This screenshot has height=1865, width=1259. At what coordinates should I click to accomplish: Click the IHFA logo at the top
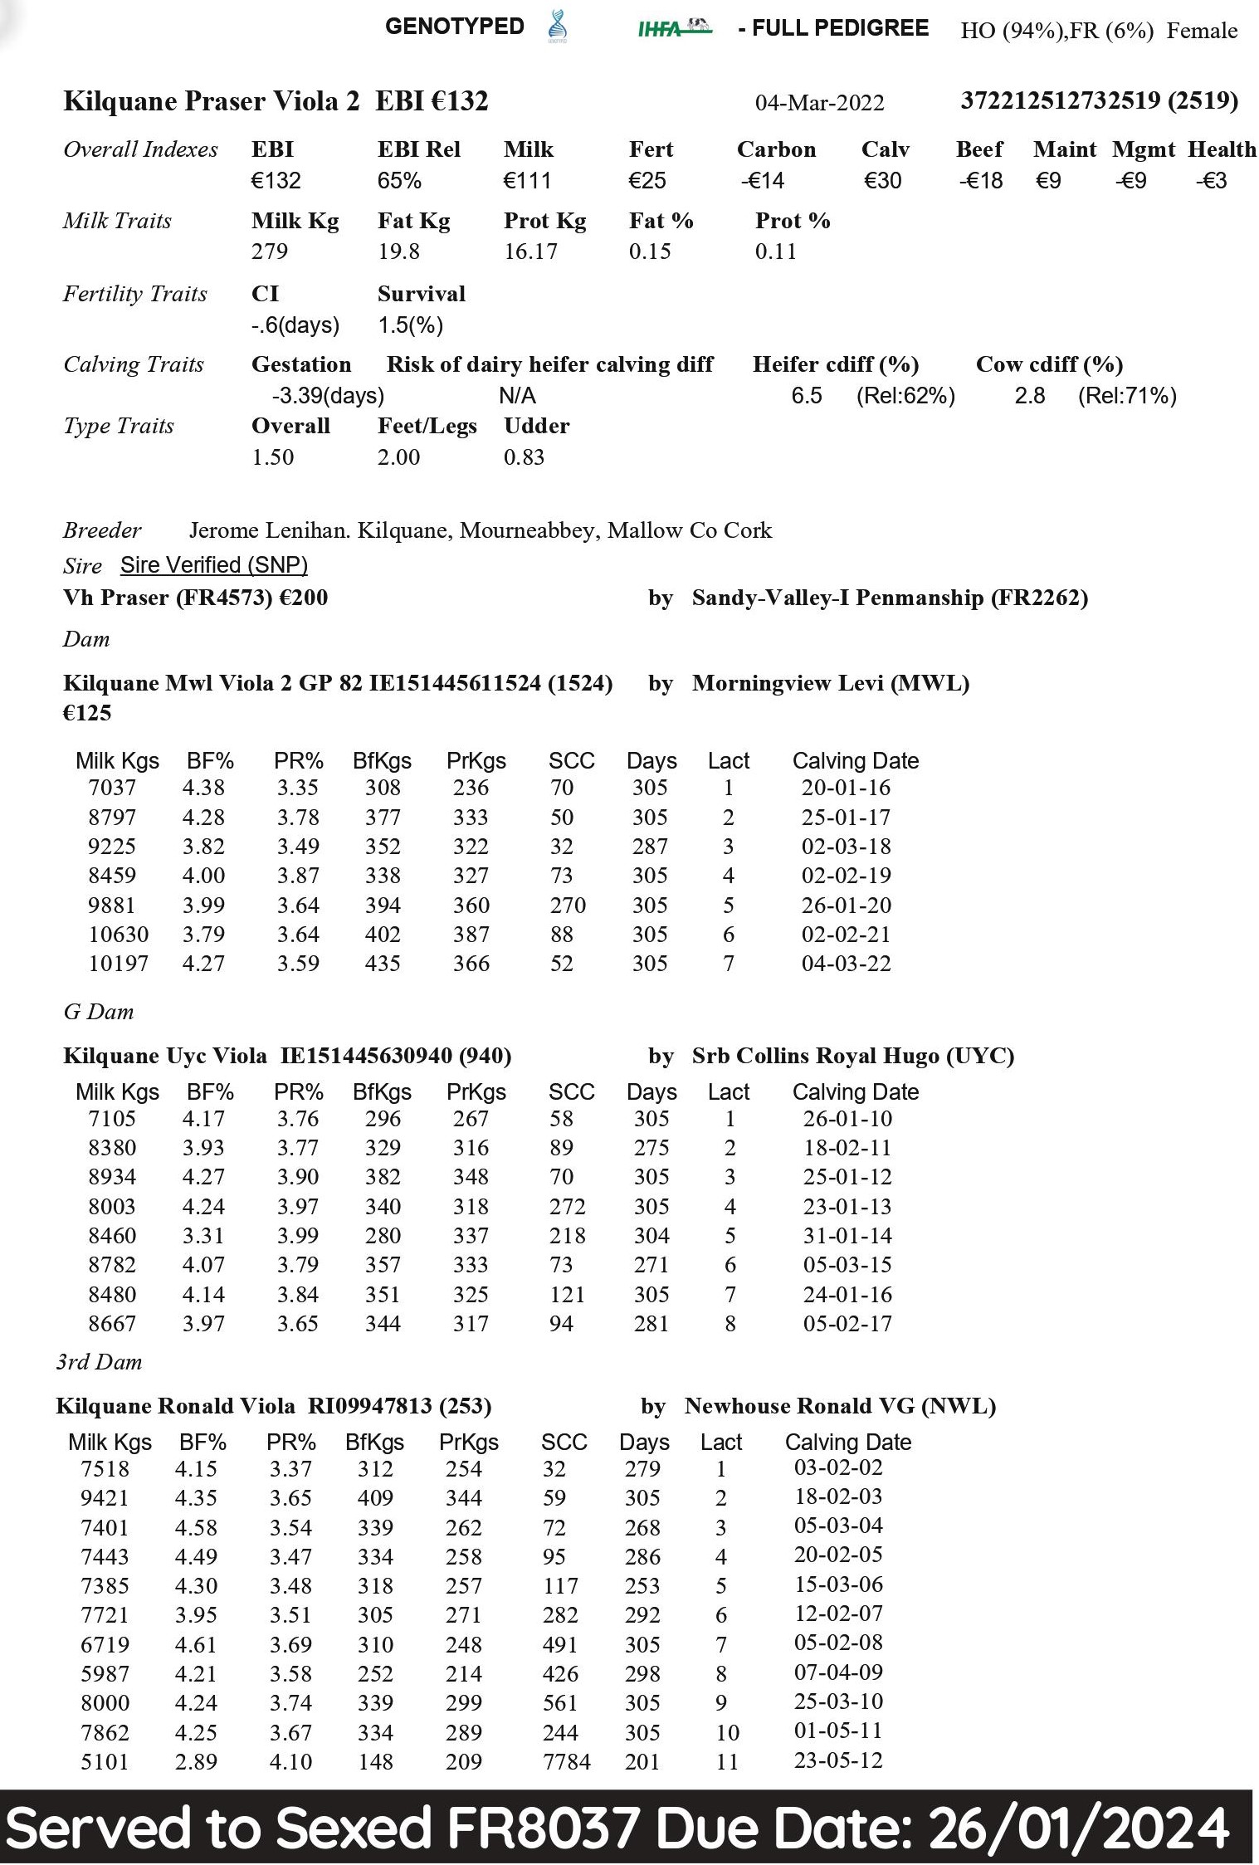point(674,28)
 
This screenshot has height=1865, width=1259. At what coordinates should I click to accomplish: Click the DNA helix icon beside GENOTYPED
point(557,27)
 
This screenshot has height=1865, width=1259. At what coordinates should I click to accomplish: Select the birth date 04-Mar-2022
point(818,103)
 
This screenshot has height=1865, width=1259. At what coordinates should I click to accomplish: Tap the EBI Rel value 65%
point(399,181)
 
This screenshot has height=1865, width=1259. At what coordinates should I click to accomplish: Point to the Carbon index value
point(762,181)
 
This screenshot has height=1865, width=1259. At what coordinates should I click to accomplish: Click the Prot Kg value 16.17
point(530,251)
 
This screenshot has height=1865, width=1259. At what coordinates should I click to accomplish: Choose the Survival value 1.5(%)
point(410,325)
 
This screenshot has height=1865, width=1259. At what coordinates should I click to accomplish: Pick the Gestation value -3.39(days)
point(327,396)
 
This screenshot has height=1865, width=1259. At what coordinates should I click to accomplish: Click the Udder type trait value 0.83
point(524,457)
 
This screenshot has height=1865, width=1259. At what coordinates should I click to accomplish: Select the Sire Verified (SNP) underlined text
point(213,565)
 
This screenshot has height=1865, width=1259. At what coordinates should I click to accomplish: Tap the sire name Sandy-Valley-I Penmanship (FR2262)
point(889,598)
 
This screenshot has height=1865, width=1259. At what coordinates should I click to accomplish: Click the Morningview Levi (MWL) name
point(830,683)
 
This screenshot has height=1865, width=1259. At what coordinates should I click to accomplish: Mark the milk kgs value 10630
point(118,935)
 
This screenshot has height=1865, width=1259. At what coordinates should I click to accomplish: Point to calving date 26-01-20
point(845,906)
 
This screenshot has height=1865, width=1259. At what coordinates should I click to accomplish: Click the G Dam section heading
point(98,1012)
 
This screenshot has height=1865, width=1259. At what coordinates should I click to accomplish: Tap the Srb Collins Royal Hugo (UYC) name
point(852,1056)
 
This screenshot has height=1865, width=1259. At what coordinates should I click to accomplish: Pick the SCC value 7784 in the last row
point(566,1761)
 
